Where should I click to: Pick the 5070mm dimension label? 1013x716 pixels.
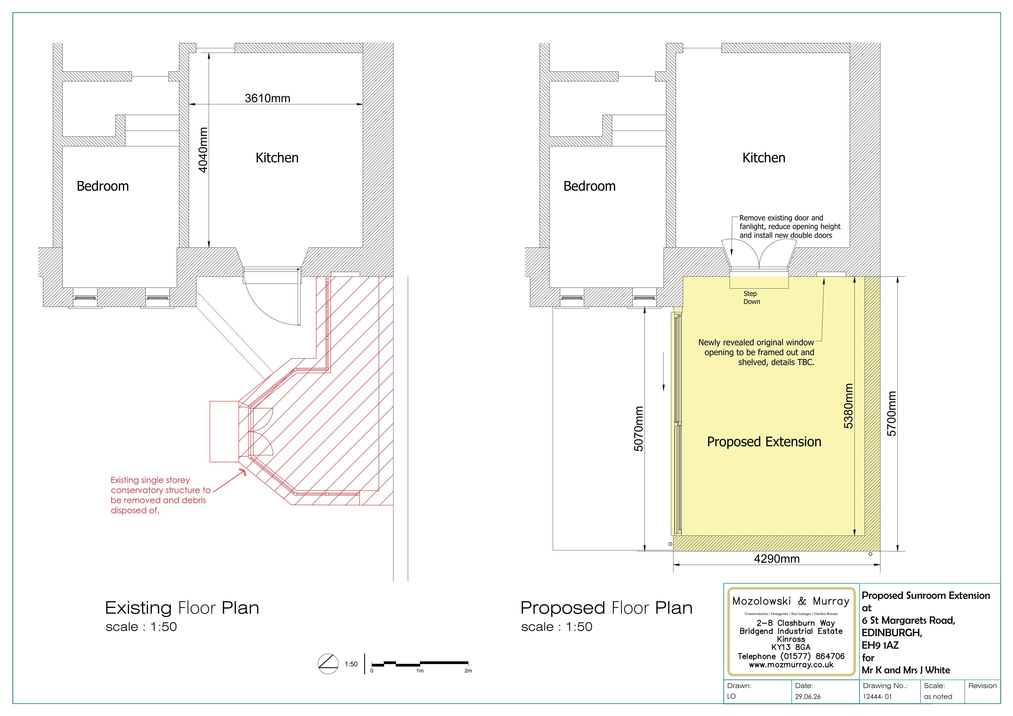click(638, 428)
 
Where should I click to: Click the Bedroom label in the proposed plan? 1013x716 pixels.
click(589, 186)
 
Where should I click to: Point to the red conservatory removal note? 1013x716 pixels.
click(161, 495)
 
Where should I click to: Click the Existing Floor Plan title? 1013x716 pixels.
click(182, 608)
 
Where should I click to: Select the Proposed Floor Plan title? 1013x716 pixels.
click(606, 608)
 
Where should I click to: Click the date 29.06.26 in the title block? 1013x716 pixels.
click(808, 696)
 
